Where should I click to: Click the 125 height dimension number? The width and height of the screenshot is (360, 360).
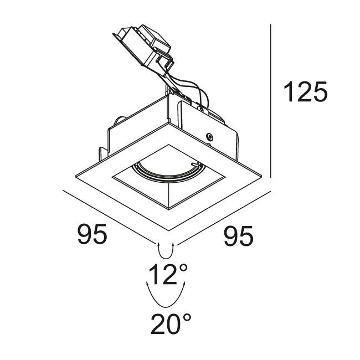point(305,91)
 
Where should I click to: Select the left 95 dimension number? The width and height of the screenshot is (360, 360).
point(92,234)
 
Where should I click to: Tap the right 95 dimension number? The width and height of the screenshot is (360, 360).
point(239,236)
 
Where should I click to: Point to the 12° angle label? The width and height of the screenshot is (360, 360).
point(168,274)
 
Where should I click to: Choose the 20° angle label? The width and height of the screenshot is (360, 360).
point(171,324)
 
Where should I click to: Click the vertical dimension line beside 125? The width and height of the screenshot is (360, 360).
point(271,101)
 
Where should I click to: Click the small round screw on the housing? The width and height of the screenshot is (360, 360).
point(209,136)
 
